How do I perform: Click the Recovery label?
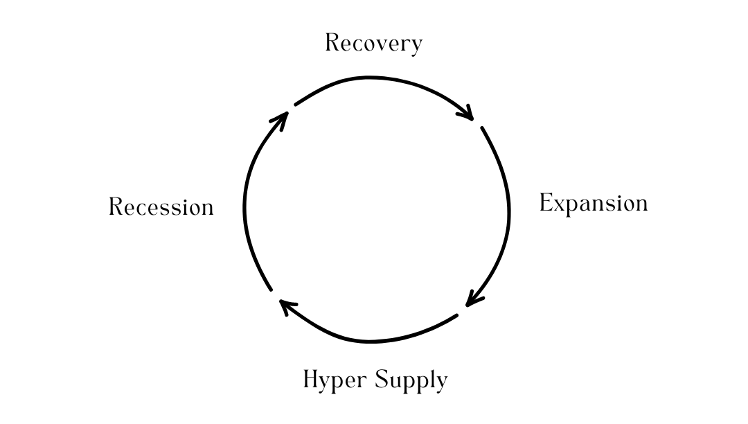373,44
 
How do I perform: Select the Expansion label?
594,204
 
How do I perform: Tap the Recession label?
161,207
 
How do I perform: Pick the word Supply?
411,380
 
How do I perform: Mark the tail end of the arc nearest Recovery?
296,105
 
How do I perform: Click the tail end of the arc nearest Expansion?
482,127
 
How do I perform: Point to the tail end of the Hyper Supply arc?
456,315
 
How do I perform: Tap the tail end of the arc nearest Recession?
271,289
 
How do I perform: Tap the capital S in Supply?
382,380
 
